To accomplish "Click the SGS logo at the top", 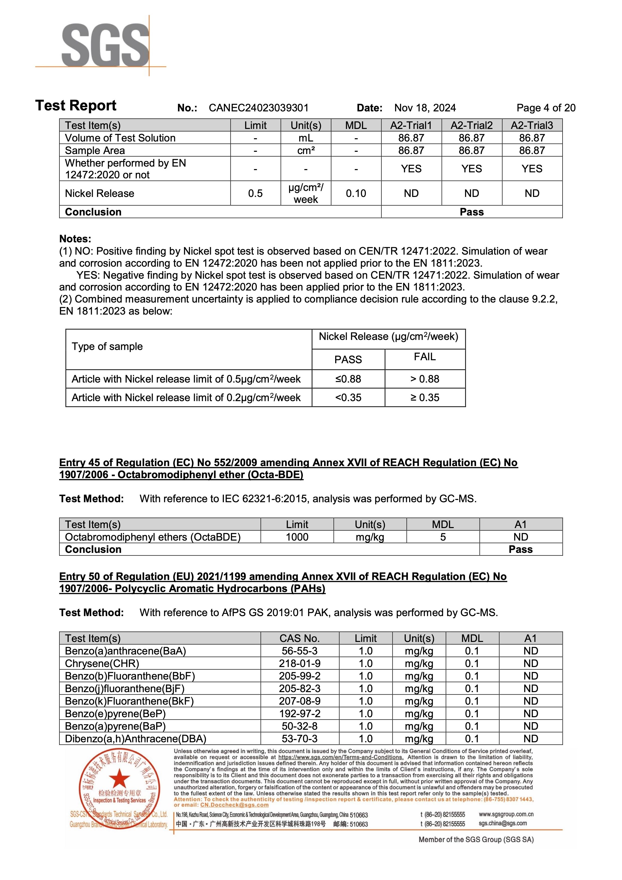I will coord(105,45).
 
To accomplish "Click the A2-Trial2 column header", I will coord(472,125).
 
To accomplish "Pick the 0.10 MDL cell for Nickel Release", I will coord(356,193).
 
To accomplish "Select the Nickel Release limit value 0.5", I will coord(255,193).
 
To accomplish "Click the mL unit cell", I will coord(306,138).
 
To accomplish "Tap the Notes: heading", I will coord(75,239).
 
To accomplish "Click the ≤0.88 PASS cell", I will coord(348,379).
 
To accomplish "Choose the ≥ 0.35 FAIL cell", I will coord(425,397).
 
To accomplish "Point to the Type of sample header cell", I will coord(107,346).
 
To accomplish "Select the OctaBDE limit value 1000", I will coord(297,537).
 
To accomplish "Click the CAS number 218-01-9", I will coord(300,664).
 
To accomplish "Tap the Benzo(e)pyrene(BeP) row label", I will coord(115,714).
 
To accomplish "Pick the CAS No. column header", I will coord(300,638).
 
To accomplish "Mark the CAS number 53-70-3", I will coord(300,739).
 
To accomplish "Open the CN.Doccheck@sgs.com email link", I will coord(234,805).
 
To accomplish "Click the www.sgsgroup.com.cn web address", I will coord(506,814).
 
